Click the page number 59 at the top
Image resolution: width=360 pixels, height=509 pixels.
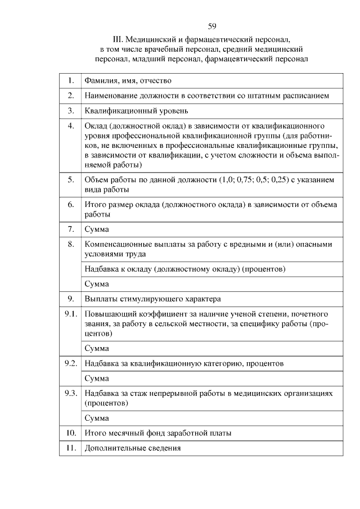pos(212,26)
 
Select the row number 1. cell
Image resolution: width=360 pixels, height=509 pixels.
pos(71,81)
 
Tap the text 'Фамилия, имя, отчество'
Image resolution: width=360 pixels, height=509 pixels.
pos(128,81)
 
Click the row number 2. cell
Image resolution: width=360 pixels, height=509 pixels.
pos(71,96)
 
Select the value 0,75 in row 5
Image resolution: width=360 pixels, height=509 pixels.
pos(250,180)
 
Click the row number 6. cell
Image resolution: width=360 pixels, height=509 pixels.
pos(71,205)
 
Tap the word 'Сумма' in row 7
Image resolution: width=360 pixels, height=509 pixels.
pos(96,229)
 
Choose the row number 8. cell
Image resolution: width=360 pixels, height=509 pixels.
pos(71,244)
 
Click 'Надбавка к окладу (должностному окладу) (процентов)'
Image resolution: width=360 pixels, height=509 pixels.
pos(184,269)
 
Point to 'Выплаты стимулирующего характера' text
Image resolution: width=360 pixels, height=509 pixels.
pos(152,298)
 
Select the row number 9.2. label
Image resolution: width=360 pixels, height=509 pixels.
pos(70,363)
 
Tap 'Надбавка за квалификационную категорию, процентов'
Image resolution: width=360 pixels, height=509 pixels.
pos(184,363)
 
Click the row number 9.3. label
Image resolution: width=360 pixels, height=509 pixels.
pos(70,393)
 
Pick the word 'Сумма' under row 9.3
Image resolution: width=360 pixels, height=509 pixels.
pos(96,418)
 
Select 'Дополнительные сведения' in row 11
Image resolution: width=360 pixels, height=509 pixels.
pos(133,448)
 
